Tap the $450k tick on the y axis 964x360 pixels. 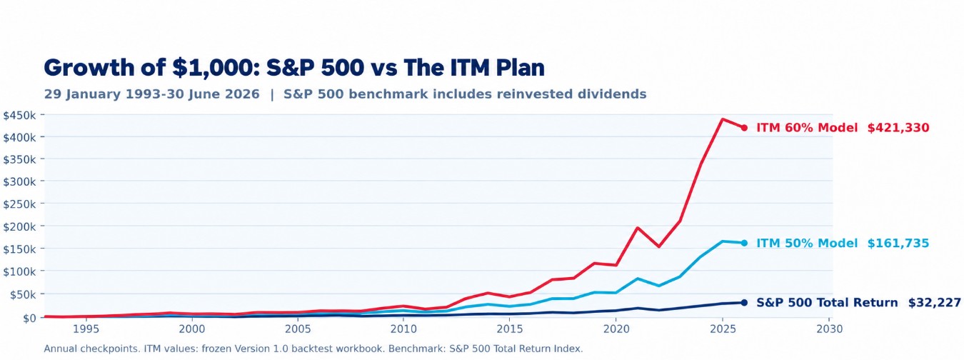19,115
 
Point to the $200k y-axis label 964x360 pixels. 19,226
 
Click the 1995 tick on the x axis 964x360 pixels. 86,329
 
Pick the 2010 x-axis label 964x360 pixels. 403,329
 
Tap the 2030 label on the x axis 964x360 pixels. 830,329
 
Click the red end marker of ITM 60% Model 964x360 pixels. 744,128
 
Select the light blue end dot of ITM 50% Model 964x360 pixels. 744,244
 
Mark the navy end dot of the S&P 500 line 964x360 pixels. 744,303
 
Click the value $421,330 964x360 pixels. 898,128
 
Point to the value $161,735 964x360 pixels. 898,244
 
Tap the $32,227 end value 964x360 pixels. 934,303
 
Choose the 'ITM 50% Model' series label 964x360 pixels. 807,244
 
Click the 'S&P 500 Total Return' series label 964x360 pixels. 827,303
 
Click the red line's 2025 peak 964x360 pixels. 723,119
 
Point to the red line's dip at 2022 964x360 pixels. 659,246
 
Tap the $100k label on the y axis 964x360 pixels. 19,271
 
